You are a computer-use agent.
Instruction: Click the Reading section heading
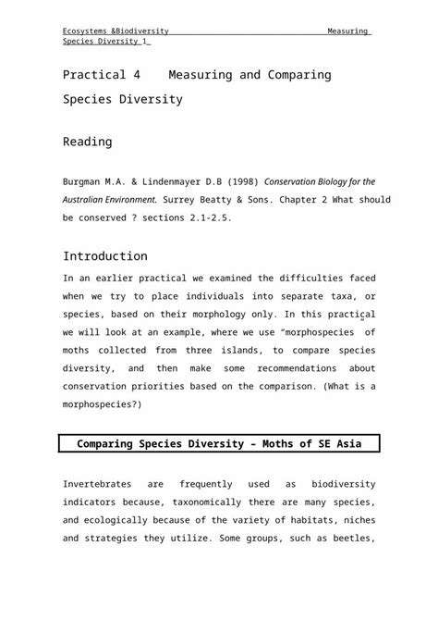point(87,142)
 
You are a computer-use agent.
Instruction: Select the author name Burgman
point(86,181)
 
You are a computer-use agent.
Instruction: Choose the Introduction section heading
point(104,256)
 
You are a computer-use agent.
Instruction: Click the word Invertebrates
point(97,484)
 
